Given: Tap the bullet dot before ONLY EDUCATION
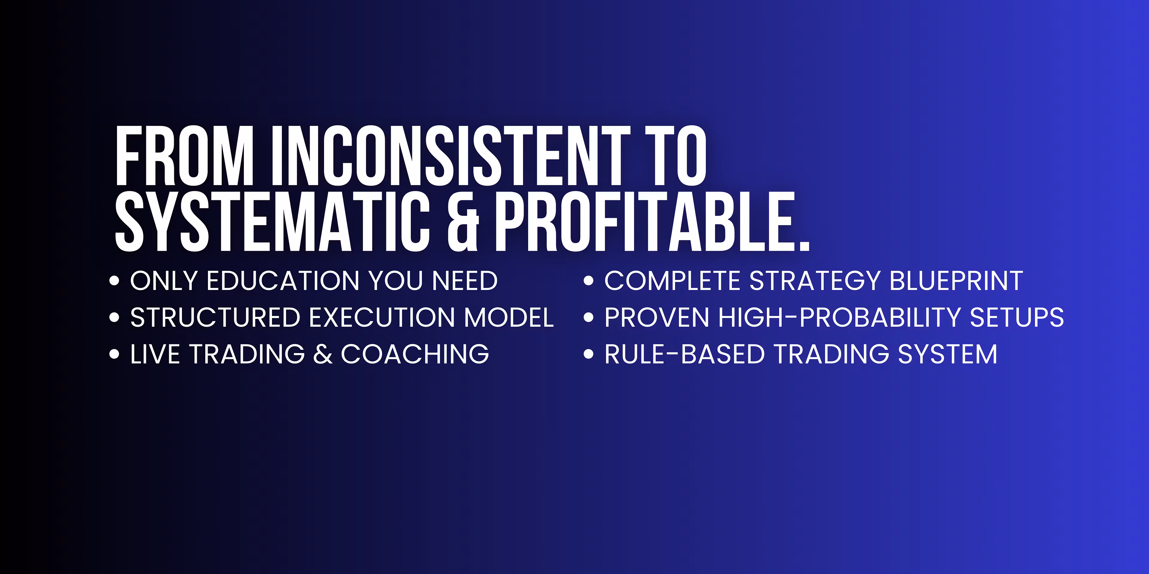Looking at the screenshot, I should click(x=114, y=281).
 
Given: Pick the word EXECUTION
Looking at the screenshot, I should click(x=382, y=318).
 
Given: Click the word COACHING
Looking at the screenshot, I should click(x=415, y=354).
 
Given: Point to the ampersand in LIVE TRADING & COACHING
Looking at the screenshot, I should click(x=323, y=354).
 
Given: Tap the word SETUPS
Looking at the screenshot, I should click(x=1017, y=318).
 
